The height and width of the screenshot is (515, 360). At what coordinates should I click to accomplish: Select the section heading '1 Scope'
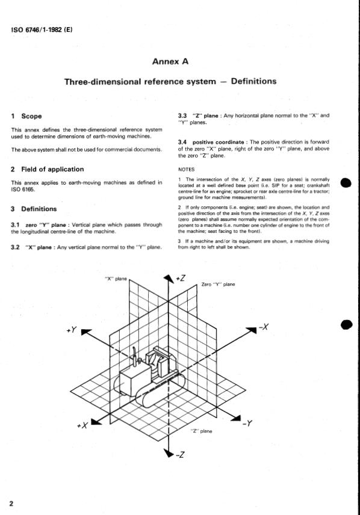[x=27, y=116]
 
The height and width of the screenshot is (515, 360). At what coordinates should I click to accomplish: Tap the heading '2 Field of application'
[x=48, y=169]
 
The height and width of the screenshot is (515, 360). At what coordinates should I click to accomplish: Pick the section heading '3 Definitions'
[x=34, y=209]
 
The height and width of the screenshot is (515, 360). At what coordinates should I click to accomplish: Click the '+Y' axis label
[x=71, y=331]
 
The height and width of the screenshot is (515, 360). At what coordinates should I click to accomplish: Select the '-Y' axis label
[x=247, y=424]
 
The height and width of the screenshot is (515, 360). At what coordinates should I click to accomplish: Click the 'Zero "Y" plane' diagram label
[x=218, y=284]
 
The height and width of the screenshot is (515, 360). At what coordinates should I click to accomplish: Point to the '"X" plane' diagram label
[x=116, y=278]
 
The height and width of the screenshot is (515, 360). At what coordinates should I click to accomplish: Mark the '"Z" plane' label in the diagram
[x=201, y=431]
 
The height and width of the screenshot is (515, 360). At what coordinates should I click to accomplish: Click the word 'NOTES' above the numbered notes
[x=187, y=170]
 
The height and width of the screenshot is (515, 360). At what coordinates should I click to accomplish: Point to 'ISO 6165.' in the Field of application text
[x=23, y=190]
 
